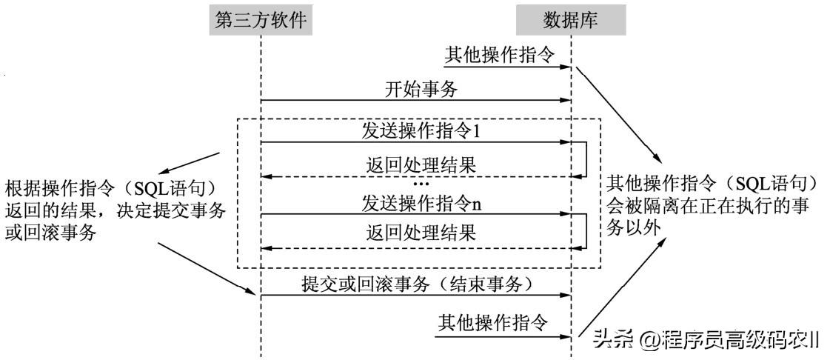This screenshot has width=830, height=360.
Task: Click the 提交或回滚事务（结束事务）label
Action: pyautogui.click(x=417, y=282)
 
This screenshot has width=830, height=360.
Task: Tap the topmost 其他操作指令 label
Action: pyautogui.click(x=498, y=55)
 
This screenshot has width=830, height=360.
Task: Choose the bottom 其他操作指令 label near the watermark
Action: pyautogui.click(x=492, y=323)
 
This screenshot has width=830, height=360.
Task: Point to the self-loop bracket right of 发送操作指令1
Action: pyautogui.click(x=586, y=159)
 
